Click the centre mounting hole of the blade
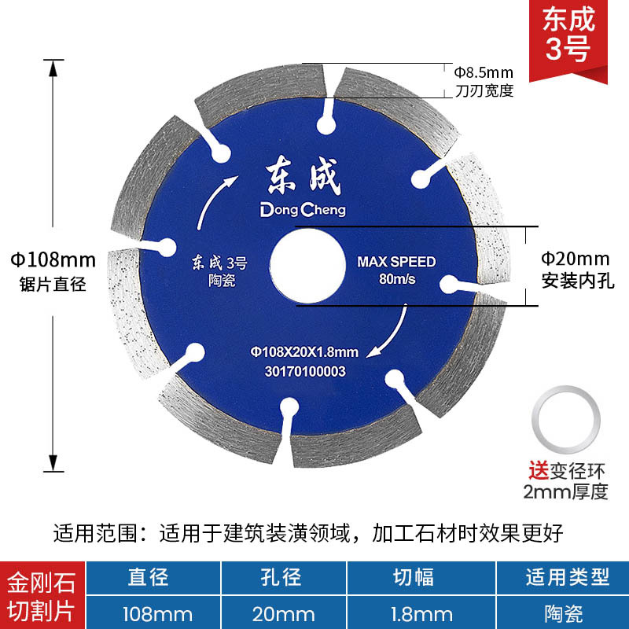tap(305, 267)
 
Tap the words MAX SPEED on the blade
tap(395, 262)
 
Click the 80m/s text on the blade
tap(395, 279)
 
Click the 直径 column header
tap(149, 578)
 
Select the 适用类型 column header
tap(568, 578)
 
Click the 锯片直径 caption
tap(53, 284)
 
